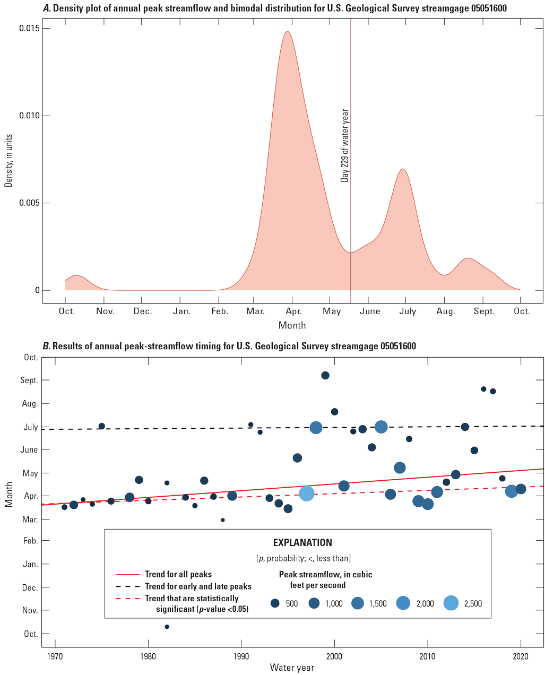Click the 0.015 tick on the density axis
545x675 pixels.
tap(30, 28)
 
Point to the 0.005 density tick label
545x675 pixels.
tap(30, 203)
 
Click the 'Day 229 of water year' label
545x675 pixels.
tap(345, 146)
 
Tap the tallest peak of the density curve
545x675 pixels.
tap(287, 31)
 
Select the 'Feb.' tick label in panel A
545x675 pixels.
tap(220, 311)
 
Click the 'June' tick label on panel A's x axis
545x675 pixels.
tap(370, 311)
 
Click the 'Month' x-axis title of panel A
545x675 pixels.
tap(292, 325)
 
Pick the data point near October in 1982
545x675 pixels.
tap(167, 627)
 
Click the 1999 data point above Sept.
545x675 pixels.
tap(325, 376)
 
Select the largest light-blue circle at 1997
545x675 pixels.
tap(307, 494)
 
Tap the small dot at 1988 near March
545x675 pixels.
tap(223, 520)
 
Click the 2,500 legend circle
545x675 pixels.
tap(451, 603)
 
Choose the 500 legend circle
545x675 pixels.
tap(275, 603)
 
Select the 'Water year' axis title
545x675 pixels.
tap(292, 668)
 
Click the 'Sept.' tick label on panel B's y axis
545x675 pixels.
tap(30, 380)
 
